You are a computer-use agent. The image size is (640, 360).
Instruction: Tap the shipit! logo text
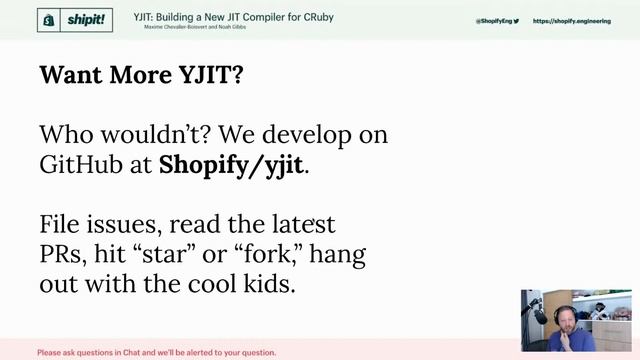82,19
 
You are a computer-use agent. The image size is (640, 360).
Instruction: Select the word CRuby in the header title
319,17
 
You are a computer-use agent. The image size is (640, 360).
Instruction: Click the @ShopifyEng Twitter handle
494,20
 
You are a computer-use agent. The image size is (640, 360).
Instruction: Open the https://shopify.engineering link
571,20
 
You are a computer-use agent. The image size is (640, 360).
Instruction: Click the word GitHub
80,165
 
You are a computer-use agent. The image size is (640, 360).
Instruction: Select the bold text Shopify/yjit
231,165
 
